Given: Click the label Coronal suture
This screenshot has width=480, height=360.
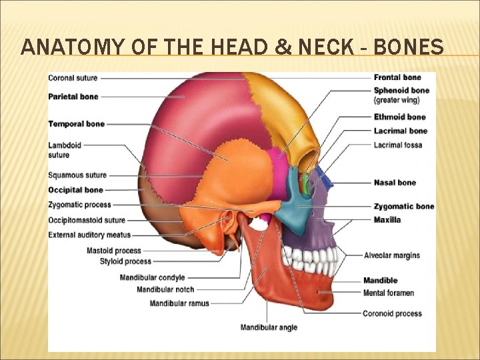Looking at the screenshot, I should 73,78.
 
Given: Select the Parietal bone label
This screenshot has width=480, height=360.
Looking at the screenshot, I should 73,97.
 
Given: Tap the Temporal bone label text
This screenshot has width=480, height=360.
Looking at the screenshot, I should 76,124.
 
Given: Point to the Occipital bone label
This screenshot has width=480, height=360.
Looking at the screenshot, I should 75,190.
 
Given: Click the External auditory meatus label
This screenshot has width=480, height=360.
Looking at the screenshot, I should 89,235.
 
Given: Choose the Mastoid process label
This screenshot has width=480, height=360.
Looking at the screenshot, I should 113,251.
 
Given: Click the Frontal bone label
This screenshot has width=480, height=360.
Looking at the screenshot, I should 397,78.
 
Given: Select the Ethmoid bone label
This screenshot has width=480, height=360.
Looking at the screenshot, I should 399,117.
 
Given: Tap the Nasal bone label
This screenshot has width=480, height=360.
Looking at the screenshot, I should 395,183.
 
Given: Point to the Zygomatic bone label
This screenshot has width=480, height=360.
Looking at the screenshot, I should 403,207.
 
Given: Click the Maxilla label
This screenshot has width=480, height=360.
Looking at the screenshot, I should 387,220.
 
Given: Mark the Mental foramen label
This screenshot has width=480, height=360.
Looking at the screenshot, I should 388,293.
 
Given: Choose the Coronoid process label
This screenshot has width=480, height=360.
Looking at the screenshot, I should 392,313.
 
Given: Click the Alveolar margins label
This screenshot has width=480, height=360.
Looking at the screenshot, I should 391,255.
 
